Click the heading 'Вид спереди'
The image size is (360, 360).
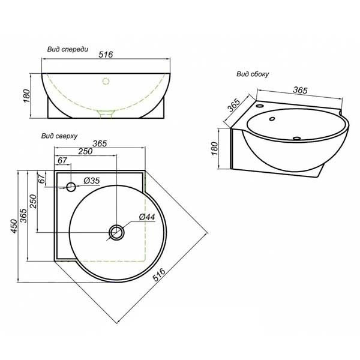pos(68,49)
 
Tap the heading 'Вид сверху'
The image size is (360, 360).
pos(59,136)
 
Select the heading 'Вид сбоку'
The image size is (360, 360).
pos(253,74)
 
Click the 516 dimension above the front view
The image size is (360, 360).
pos(106,55)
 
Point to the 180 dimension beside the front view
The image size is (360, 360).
pos(27,96)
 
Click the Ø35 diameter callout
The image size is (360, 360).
pos(92,181)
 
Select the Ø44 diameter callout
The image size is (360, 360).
pos(147,217)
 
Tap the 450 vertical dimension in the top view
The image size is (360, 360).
pos(14,226)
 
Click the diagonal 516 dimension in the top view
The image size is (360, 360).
pos(159,274)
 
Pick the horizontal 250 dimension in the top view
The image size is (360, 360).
pos(85,151)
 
